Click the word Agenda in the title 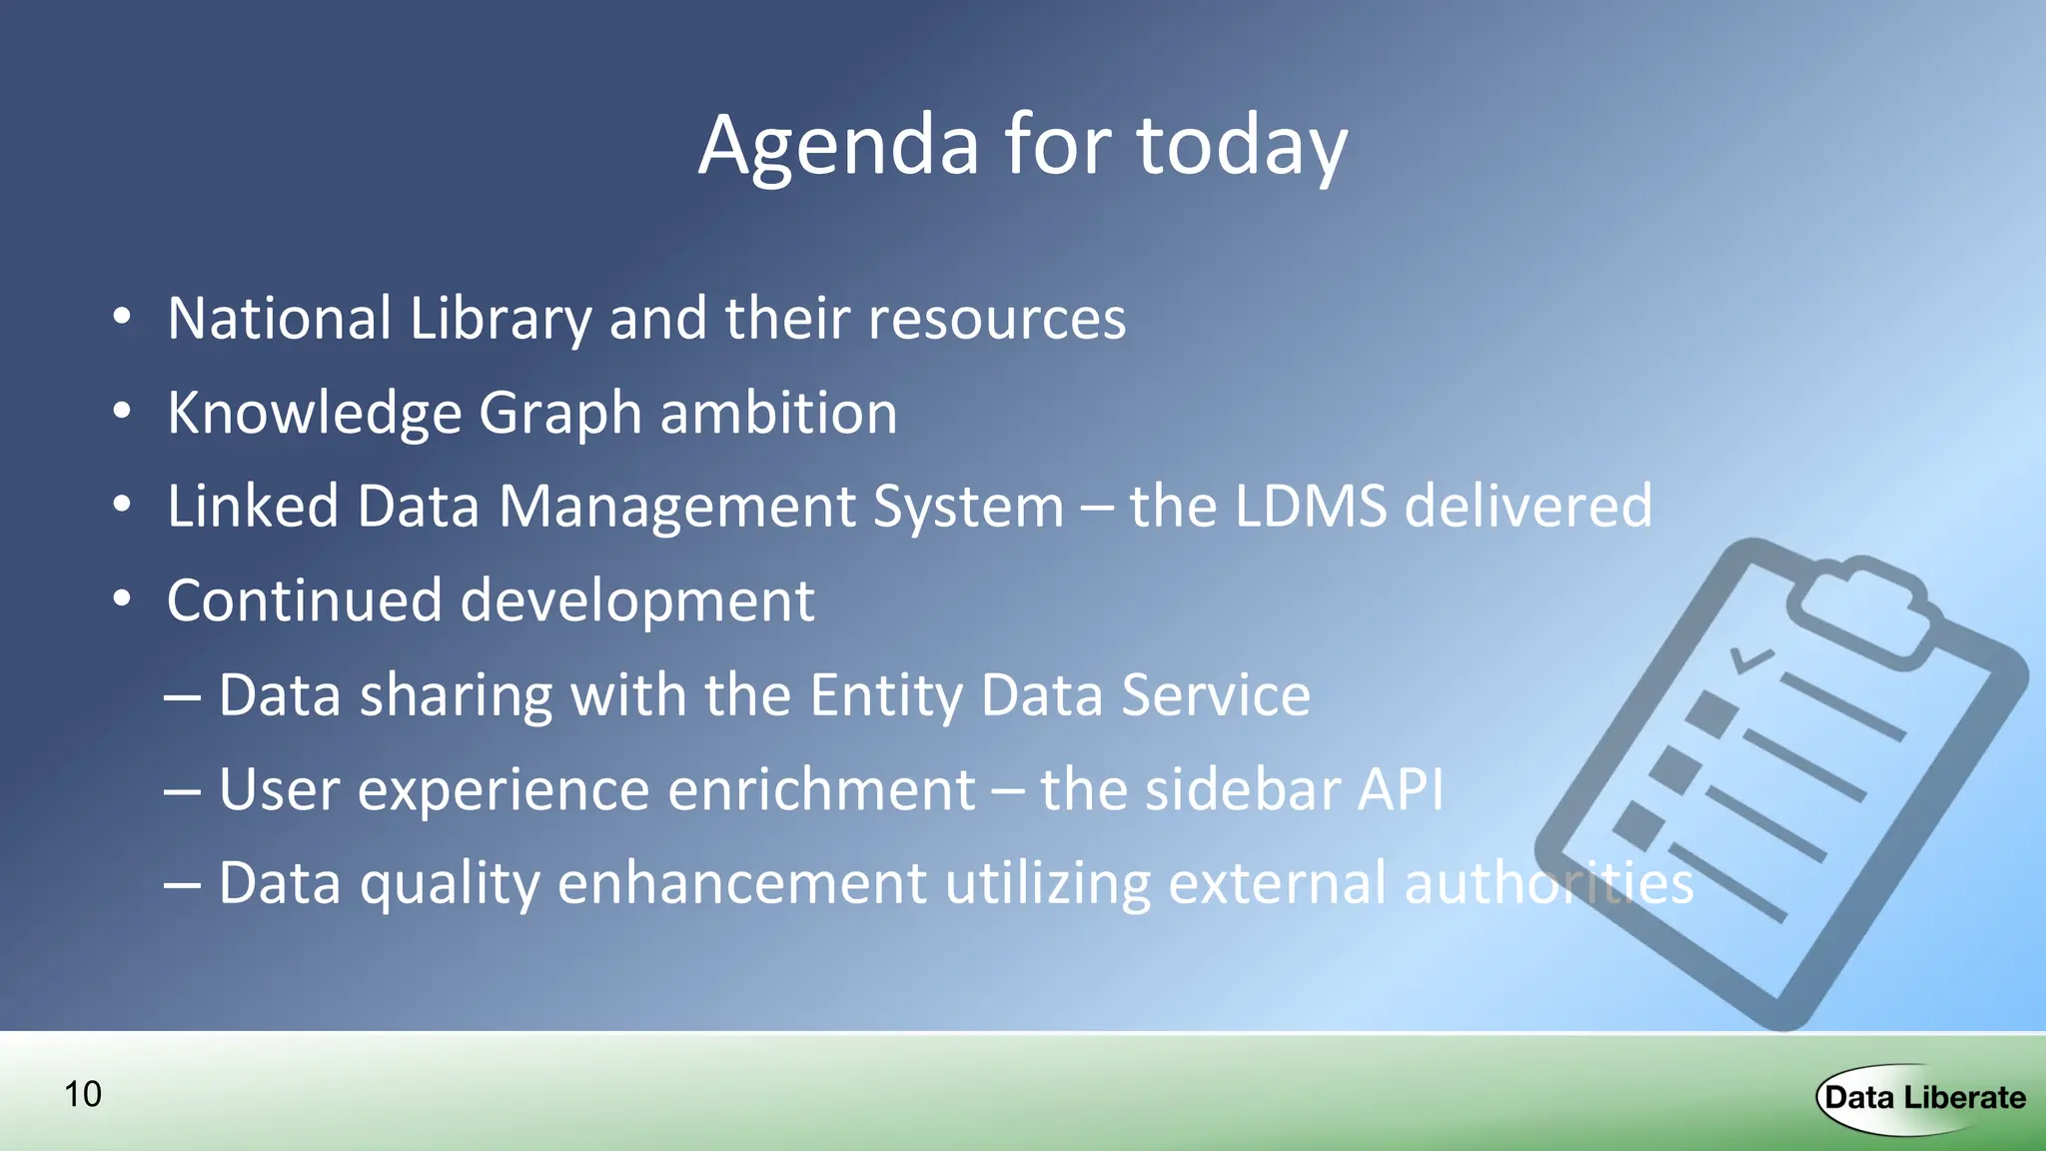pos(837,147)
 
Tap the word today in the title pos(1242,147)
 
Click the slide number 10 pos(83,1094)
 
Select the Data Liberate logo pos(1923,1098)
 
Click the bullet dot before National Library pos(122,318)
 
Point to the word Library pos(501,319)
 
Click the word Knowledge pos(314,413)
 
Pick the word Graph pos(559,413)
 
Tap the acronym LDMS pos(1311,506)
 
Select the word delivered pos(1529,506)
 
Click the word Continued pos(304,599)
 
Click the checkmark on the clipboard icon pos(1750,659)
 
